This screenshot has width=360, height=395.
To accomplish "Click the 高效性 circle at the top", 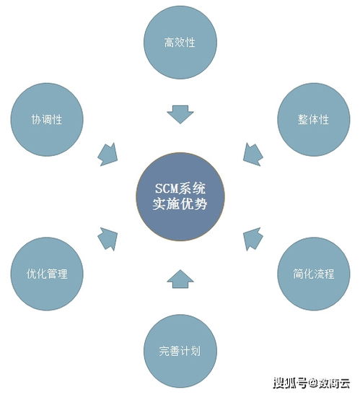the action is pos(180,42).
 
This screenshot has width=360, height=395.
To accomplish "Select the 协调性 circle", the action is pos(47,119).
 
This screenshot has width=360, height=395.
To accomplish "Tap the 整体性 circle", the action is pos(314,119).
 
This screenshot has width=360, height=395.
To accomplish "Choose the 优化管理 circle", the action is pos(47,274).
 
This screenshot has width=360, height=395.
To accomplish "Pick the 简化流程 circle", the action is pos(314,274).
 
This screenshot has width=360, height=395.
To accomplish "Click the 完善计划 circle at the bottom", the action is pos(180,351).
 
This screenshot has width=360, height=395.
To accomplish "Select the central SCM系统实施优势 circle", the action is pos(180,196).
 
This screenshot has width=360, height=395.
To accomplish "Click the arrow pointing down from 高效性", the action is pos(180,114).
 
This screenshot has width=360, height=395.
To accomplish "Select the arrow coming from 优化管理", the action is pos(108,238).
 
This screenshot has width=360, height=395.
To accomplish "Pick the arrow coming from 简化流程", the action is pos(253,238).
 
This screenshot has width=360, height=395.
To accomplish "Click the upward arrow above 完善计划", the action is pos(180,279).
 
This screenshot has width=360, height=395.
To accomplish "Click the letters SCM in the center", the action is pos(167,188).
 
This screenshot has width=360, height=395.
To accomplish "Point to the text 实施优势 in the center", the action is pos(180,204).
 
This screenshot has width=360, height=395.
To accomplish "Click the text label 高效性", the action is pos(180,43).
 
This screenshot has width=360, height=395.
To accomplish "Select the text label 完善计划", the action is pos(180,351).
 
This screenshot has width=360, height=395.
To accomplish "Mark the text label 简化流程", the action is pos(313,274).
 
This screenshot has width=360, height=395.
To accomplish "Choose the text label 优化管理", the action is pos(47,274).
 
